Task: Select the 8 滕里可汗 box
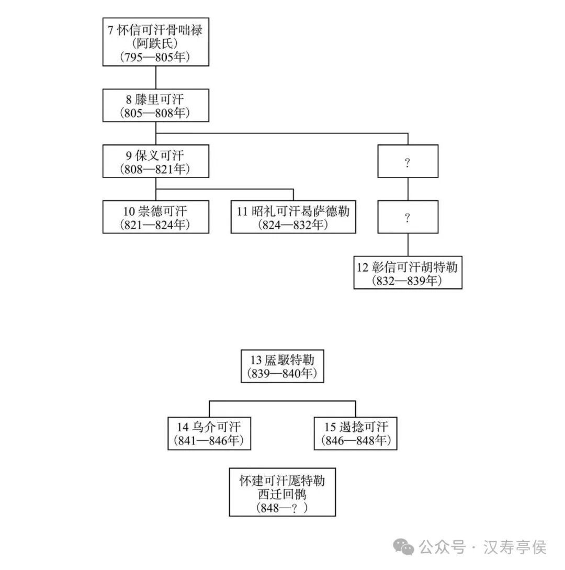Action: coord(155,105)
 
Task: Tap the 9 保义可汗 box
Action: coord(155,161)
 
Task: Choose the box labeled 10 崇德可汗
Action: coord(155,217)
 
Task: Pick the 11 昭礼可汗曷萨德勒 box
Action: coord(293,217)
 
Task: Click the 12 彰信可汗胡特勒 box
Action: coord(408,273)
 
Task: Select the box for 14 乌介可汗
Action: coord(209,433)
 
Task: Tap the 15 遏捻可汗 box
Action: coord(355,433)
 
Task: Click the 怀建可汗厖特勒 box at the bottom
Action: coord(282,493)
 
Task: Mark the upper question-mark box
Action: coord(408,161)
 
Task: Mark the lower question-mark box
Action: coord(408,217)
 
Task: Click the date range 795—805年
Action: coord(155,57)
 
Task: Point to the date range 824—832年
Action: coord(293,225)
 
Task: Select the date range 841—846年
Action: coord(209,441)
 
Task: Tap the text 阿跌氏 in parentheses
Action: coord(155,43)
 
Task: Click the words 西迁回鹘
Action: coord(282,494)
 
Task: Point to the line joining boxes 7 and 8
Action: coord(156,77)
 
